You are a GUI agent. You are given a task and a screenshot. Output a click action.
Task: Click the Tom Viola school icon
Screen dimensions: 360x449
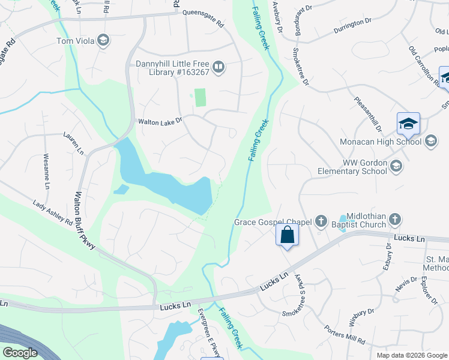point(103,40)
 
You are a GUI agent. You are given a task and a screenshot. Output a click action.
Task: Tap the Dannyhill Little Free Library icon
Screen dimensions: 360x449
point(219,67)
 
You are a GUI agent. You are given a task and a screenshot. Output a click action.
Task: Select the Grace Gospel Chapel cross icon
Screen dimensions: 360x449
point(321,221)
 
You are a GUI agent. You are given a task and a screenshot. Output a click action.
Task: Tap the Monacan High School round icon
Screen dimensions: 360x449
point(430,142)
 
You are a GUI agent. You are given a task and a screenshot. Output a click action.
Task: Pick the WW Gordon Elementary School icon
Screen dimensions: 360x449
point(396,165)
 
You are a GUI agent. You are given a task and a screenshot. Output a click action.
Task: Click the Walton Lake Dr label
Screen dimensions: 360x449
point(160,122)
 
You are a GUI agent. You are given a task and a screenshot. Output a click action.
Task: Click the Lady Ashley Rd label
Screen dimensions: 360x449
point(53,214)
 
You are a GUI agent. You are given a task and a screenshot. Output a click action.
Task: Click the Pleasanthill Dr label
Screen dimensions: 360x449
point(368,115)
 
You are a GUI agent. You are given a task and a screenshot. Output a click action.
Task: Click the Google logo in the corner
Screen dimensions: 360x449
point(20,353)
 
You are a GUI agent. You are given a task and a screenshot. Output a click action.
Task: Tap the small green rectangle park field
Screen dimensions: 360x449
point(200,98)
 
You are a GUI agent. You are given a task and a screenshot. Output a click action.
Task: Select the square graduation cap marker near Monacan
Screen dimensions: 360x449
point(409,124)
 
